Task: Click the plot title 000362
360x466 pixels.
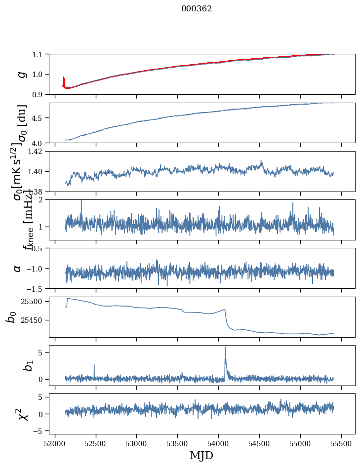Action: [197, 9]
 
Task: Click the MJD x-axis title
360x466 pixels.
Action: [201, 456]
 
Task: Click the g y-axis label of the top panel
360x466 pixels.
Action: [21, 74]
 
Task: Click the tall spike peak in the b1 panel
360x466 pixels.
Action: [225, 347]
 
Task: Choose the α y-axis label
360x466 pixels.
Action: [17, 268]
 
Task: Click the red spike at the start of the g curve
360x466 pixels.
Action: [63, 80]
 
